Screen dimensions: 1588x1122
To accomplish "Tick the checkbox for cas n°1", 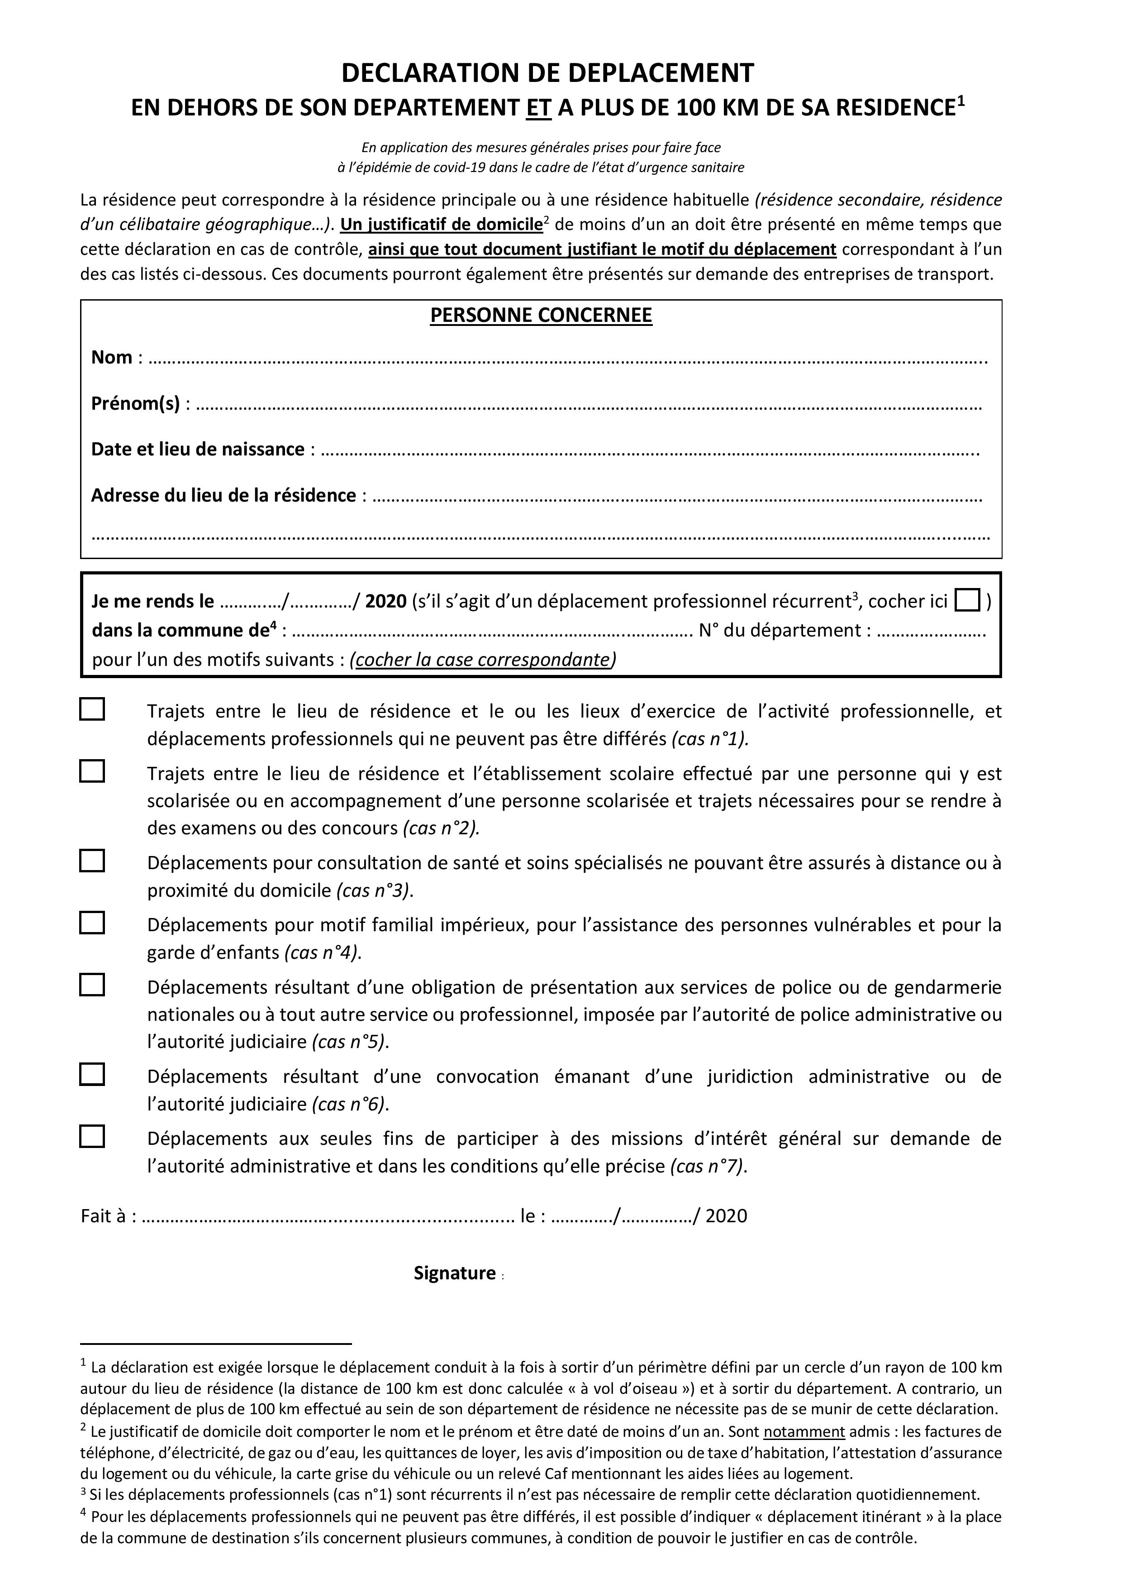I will coord(92,710).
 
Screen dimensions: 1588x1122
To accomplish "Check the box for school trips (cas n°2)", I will coord(92,771).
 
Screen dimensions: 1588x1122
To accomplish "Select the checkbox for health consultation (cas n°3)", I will coord(92,861).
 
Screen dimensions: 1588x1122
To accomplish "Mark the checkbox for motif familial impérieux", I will coord(92,923).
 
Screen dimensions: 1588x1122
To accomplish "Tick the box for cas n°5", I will coord(92,985).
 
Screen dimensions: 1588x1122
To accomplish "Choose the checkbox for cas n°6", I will coord(92,1074).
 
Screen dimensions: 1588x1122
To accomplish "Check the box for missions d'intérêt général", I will coord(92,1136).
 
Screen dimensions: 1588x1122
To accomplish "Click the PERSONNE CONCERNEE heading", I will coord(541,316).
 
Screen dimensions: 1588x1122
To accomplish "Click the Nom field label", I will coord(112,358).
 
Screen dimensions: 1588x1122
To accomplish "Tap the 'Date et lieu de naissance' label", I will coord(198,450).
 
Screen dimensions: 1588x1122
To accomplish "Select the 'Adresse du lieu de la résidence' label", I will coord(223,495).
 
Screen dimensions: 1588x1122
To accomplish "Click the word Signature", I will coord(455,1273).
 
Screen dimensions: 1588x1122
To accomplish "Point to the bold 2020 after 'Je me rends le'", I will coord(386,601).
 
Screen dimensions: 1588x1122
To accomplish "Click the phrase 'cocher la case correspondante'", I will coord(482,660).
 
